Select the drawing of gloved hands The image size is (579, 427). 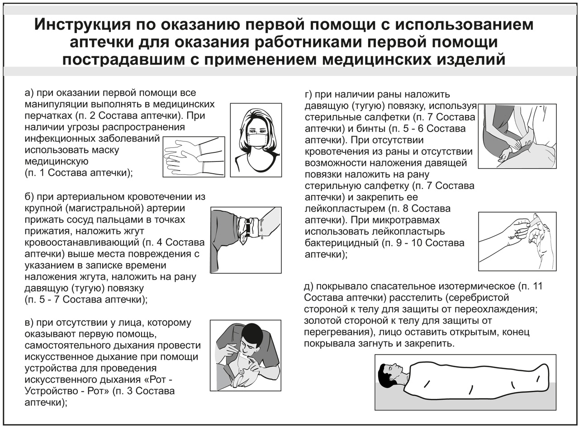tap(194, 157)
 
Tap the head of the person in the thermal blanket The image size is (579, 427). tap(389, 374)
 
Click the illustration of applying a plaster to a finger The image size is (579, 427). tap(517, 241)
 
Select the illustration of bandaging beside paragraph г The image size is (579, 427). tap(517, 136)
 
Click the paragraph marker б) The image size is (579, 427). tap(30, 197)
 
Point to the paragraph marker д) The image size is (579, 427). tap(309, 286)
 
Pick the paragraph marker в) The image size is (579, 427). tap(30, 323)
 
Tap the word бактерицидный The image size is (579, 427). tap(342, 243)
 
